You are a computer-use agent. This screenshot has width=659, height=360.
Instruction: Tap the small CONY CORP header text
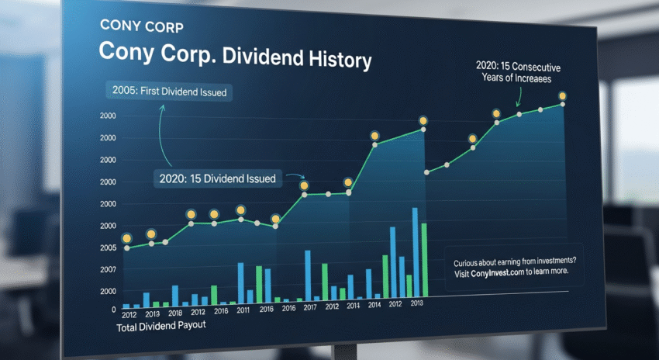tap(142, 26)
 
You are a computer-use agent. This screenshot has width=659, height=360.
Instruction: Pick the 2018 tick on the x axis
tap(175, 312)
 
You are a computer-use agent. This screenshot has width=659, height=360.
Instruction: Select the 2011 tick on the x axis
tap(243, 310)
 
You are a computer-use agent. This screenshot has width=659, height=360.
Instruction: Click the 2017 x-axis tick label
tap(309, 308)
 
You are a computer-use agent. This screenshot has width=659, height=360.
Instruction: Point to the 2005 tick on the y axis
tap(108, 247)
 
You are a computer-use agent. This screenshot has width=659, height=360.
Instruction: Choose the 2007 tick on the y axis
tap(108, 269)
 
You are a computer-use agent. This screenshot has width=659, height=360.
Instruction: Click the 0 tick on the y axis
tap(113, 309)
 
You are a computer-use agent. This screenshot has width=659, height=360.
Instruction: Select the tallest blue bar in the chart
tap(415, 251)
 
